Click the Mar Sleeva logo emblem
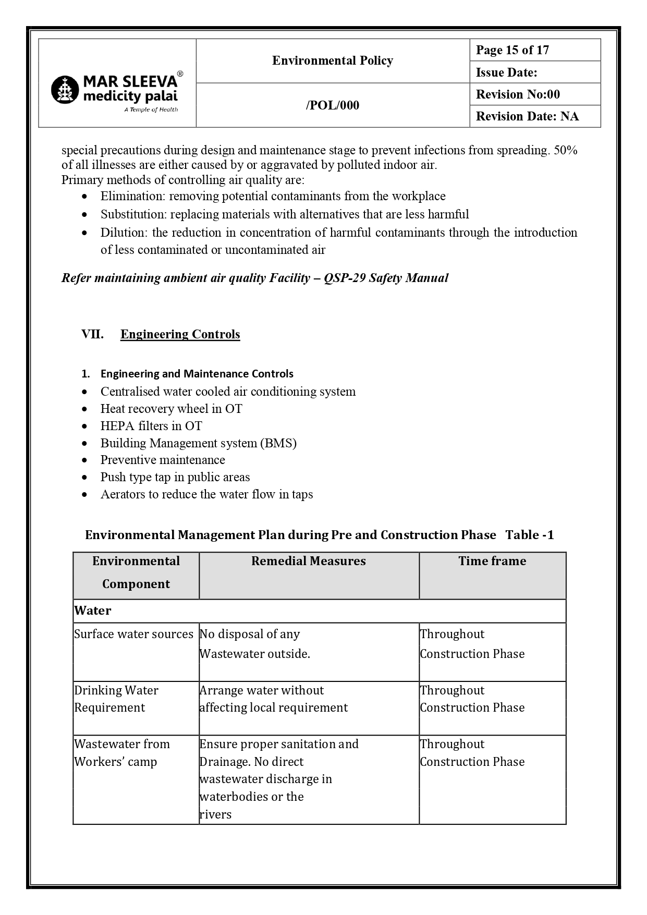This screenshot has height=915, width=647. pos(65,89)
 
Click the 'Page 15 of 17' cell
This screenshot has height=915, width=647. pos(512,50)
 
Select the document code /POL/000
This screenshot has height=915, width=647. pos(332,105)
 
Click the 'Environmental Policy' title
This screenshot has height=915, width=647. pos(332,61)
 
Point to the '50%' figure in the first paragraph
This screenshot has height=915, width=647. pos(565,150)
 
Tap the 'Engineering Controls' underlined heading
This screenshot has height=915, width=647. pos(180,334)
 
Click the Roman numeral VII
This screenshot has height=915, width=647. pos(92,334)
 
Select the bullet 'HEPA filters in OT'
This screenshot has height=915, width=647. pos(151,426)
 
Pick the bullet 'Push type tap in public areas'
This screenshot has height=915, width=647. pos(175,477)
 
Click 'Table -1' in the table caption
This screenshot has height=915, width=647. pos(529,535)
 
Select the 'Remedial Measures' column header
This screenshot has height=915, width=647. pos(308,561)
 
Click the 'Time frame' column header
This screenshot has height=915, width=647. pos(492,561)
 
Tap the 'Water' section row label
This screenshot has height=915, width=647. pos(93,611)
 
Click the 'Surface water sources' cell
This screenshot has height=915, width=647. pos(133,634)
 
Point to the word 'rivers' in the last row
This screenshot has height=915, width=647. pos(215,814)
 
